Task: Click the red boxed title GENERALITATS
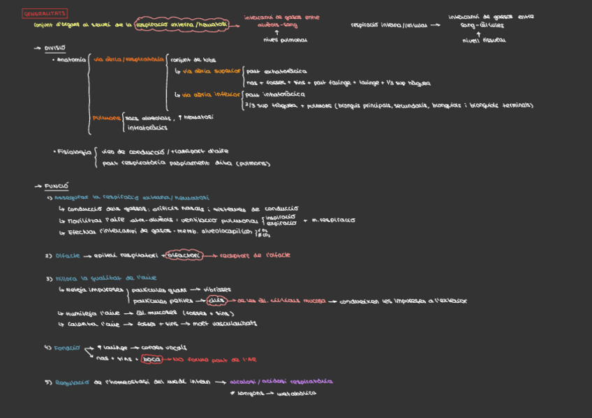(45, 13)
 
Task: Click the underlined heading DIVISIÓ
(54, 48)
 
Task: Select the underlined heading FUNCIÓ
(56, 186)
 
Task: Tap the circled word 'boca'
(152, 359)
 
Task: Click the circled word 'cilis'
(217, 301)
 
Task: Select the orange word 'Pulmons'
(107, 118)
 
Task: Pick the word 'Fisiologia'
(74, 151)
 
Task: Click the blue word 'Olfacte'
(68, 255)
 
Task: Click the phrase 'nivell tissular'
(484, 40)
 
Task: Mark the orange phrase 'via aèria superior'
(211, 71)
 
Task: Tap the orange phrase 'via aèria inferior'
(211, 94)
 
